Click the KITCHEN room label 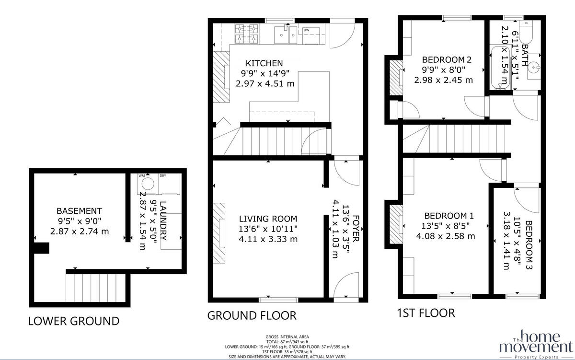(264, 63)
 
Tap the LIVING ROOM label (268, 218)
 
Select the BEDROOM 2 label (447, 60)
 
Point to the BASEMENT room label (79, 211)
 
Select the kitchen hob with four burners (246, 33)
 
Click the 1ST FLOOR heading (426, 313)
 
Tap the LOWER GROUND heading (73, 321)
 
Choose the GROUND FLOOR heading (252, 315)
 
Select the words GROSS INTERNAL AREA (287, 337)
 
